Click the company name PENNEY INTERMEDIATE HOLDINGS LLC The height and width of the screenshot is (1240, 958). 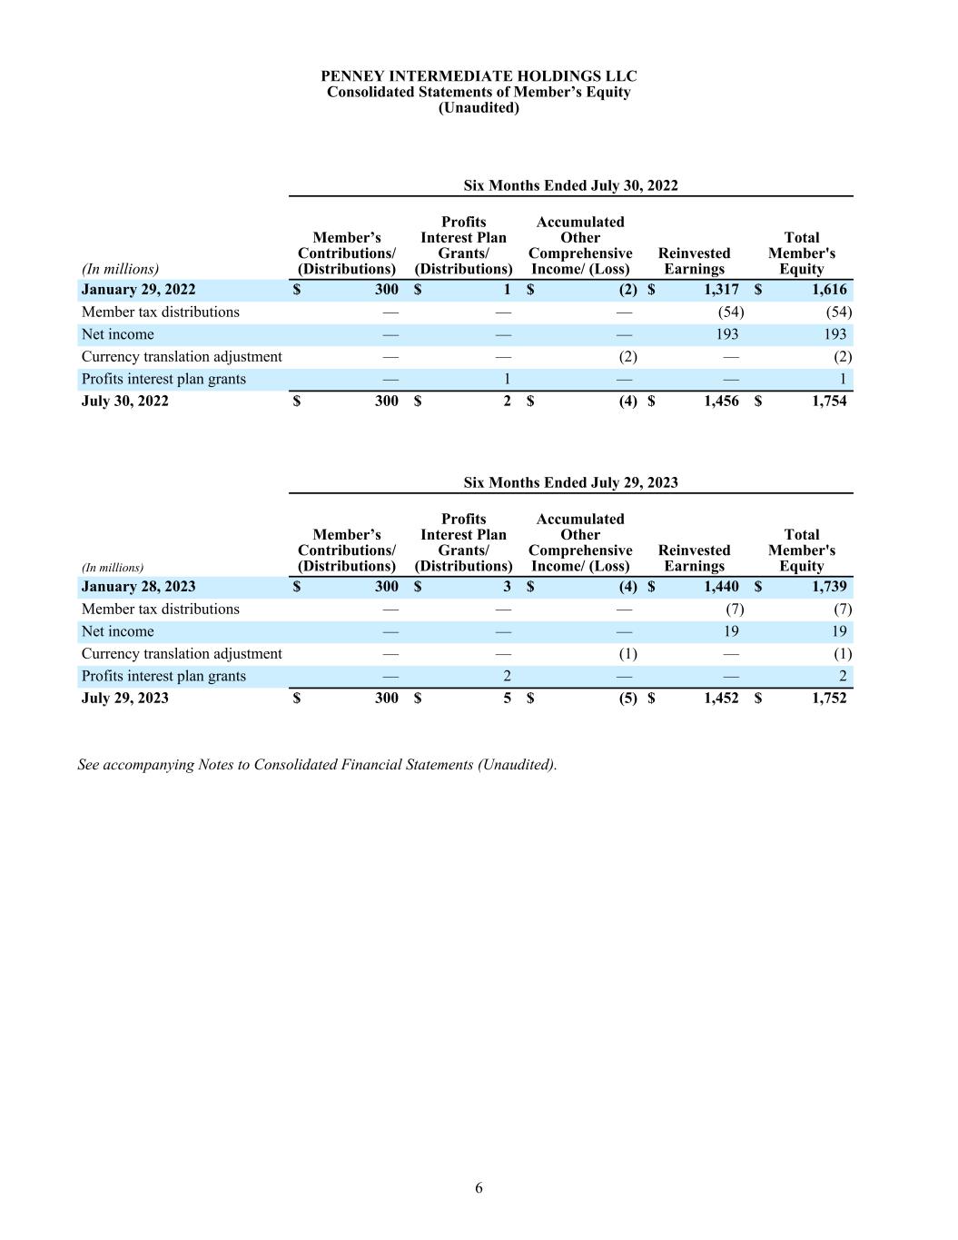(479, 76)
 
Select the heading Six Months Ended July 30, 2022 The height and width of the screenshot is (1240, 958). (570, 185)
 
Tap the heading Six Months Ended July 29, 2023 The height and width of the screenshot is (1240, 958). (570, 482)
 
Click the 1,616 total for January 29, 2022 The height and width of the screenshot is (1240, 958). (829, 290)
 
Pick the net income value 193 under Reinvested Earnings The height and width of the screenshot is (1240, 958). (726, 334)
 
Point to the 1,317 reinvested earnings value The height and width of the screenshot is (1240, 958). (721, 290)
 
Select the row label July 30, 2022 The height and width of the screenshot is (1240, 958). (125, 401)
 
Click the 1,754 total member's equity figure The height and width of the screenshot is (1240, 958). (829, 401)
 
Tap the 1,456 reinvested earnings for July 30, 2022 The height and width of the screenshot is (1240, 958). (721, 401)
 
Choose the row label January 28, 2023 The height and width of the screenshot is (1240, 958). (138, 587)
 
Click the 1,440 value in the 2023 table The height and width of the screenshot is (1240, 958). (721, 587)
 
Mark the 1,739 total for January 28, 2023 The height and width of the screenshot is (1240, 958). (829, 587)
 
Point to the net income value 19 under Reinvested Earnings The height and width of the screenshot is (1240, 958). (731, 631)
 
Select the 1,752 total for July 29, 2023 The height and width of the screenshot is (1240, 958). (829, 698)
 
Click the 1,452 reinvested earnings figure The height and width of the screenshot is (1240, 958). (721, 698)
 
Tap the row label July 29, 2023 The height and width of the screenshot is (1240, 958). (125, 698)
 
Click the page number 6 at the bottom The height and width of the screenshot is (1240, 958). (479, 1188)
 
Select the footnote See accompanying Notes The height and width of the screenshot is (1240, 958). (317, 765)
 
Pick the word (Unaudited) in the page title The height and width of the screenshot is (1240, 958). (479, 107)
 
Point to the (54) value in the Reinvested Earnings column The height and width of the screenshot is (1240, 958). (730, 312)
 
